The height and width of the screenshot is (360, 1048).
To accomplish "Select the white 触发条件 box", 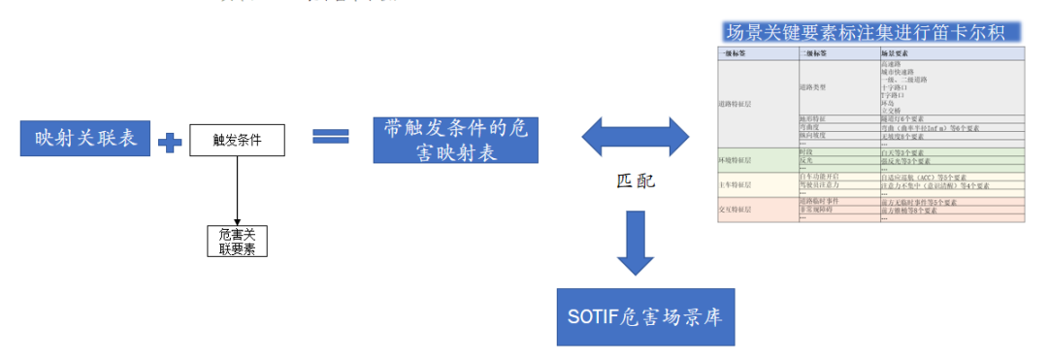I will pyautogui.click(x=237, y=140).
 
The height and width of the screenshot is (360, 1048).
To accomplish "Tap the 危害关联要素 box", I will pyautogui.click(x=237, y=241).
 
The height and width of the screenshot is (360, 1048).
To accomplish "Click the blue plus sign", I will pyautogui.click(x=170, y=143).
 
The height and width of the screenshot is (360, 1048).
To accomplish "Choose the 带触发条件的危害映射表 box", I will pyautogui.click(x=455, y=140).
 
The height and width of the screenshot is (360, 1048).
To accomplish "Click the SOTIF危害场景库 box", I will pyautogui.click(x=645, y=316).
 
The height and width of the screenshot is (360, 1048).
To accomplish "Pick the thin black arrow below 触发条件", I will pyautogui.click(x=237, y=189).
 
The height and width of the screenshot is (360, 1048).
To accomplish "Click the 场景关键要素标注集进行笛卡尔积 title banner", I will pyautogui.click(x=872, y=32).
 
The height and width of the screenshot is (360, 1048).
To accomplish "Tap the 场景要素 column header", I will pyautogui.click(x=895, y=53).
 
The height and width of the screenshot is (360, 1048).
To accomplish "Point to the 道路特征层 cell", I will pyautogui.click(x=736, y=101).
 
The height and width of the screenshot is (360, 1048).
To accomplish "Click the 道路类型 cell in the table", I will pyautogui.click(x=815, y=86).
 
